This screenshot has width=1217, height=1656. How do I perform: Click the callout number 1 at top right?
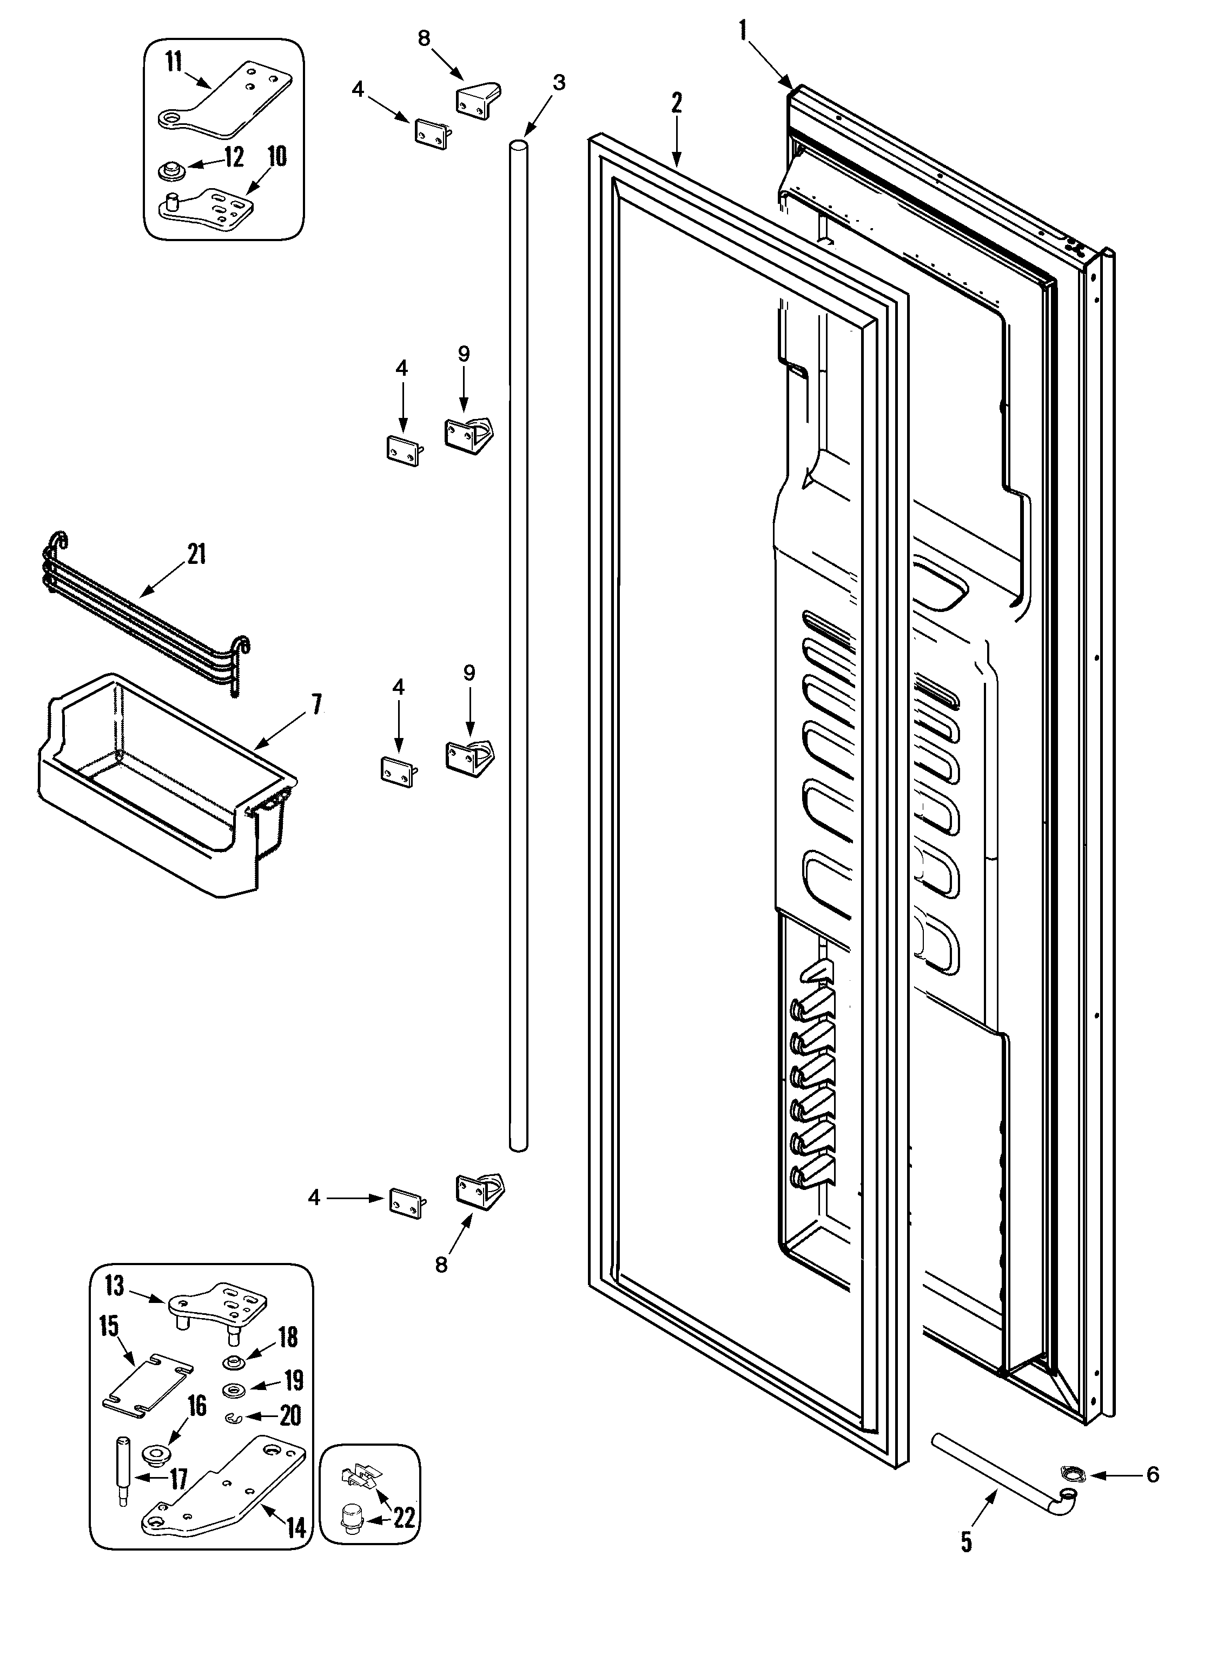[x=743, y=30]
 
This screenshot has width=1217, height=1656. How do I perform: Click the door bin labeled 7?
[x=162, y=788]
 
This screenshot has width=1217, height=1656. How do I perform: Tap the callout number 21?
[x=196, y=554]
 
